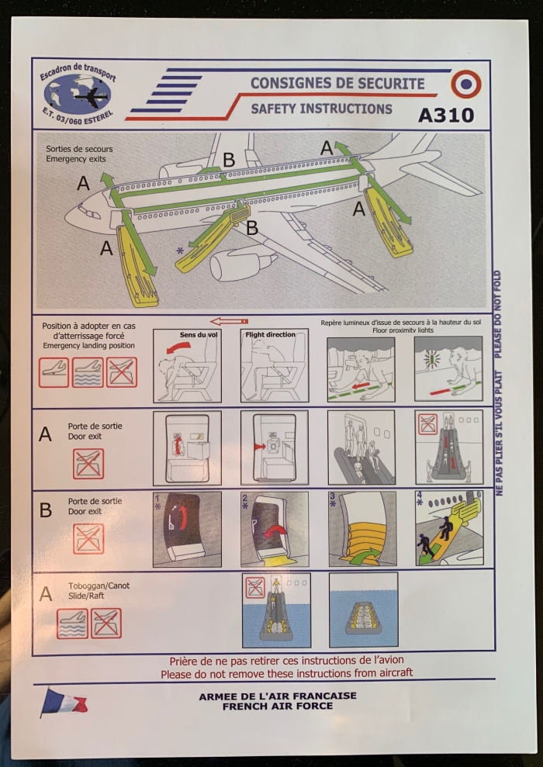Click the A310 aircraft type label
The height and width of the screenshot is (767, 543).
point(446,116)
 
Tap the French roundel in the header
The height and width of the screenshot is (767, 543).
point(465,84)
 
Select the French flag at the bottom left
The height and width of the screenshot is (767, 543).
point(64,703)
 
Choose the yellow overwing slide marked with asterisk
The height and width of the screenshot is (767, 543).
point(213,237)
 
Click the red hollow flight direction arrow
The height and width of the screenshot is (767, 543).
point(229,321)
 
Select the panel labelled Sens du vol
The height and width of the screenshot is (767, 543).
point(187,365)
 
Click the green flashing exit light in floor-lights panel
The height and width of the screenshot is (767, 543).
point(432,359)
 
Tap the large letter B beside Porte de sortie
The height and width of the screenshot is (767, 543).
point(46,510)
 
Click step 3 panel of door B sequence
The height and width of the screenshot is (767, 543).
point(362,529)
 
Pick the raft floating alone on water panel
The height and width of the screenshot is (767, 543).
point(363,610)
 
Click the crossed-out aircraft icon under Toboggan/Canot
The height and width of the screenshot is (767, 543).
point(106,624)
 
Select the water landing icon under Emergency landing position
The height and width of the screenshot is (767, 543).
point(88,372)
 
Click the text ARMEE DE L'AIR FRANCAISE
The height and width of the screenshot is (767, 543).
point(278,696)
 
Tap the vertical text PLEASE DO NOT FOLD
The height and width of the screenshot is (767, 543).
point(498,314)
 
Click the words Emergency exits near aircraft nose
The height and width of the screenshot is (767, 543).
point(76,159)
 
